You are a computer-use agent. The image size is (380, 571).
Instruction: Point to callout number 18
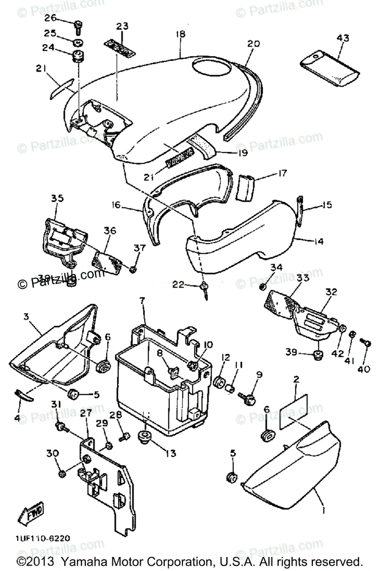pos(180,34)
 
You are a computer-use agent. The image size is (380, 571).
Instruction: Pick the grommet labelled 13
pos(143,436)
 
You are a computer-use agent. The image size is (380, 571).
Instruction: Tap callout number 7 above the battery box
pos(141,301)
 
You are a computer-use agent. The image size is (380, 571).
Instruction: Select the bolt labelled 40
pos(366,341)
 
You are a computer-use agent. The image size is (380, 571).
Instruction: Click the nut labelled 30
pos(62,474)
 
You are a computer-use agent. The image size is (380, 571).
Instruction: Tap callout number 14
pos(319,242)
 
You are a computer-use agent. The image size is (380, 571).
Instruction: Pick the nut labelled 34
pos(262,286)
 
